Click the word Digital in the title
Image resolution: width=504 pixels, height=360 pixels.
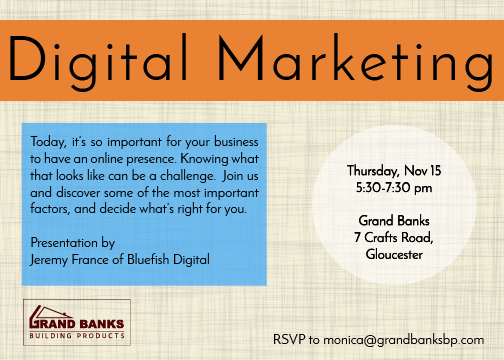[110, 62]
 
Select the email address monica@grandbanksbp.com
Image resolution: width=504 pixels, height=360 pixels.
[412, 339]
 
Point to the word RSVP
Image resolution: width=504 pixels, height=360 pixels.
[290, 339]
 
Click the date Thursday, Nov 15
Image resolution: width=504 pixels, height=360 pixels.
[393, 171]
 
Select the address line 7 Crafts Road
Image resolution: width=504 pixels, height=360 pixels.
[394, 236]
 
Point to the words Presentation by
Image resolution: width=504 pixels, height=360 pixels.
[73, 243]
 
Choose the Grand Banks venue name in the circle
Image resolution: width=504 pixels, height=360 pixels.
[393, 219]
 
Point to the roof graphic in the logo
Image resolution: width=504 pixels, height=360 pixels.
[45, 313]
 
